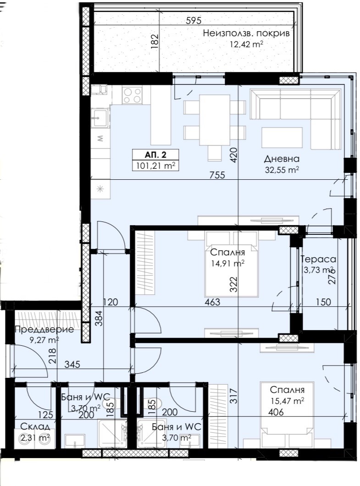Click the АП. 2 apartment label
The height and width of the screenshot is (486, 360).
155,155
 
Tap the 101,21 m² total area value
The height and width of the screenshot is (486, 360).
155,166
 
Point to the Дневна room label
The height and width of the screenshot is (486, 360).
282,159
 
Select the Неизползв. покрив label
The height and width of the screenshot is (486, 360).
246,33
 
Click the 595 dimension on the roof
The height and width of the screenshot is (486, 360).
194,21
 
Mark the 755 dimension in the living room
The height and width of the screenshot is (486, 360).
217,175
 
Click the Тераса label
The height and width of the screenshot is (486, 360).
318,259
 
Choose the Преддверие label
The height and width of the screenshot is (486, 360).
44,329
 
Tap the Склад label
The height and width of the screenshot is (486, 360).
35,426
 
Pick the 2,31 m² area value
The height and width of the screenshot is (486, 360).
35,438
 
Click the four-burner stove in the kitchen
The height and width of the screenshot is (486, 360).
132,95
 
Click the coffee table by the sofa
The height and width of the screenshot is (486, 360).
282,138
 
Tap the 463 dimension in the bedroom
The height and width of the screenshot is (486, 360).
212,302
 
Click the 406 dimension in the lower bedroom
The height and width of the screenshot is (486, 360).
276,412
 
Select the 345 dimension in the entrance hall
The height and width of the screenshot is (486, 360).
72,364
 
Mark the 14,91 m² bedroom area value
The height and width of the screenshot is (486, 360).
227,264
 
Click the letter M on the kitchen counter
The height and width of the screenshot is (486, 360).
100,138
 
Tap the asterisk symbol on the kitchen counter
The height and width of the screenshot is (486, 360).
100,189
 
